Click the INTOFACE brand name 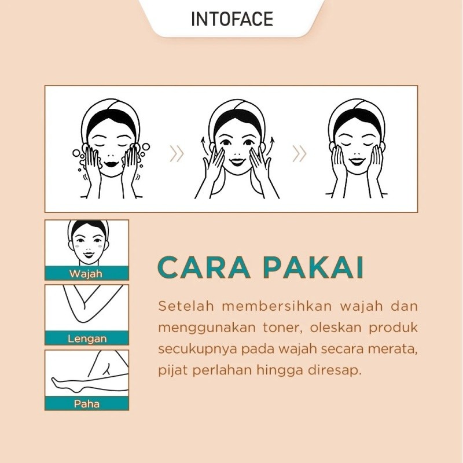(x=232, y=19)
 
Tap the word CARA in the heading (x=204, y=267)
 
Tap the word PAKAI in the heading (x=313, y=267)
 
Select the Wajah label (x=86, y=274)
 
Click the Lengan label (x=87, y=339)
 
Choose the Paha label (x=86, y=403)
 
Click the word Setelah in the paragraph (x=186, y=306)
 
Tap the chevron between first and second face (x=177, y=154)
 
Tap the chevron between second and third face (x=299, y=154)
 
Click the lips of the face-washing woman (x=111, y=163)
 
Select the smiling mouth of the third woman (x=357, y=161)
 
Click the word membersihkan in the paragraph (x=277, y=306)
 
